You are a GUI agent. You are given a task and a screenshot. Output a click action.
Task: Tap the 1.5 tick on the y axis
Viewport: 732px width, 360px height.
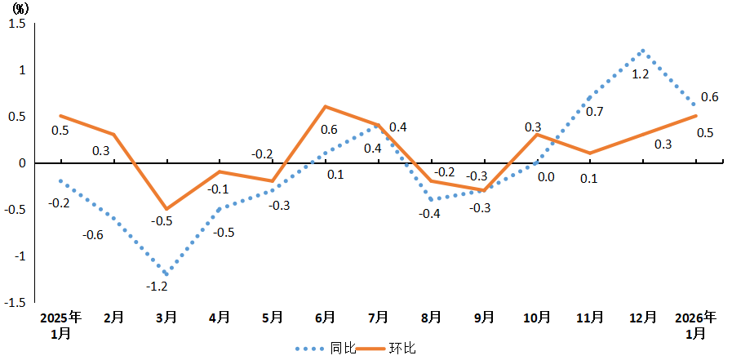[x=17, y=24]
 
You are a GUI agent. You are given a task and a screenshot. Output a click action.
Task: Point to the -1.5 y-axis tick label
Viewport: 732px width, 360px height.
[x=15, y=303]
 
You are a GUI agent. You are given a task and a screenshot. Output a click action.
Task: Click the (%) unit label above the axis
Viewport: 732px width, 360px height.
[x=20, y=9]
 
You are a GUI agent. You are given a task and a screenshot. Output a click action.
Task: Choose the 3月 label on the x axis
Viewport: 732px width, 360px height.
[x=166, y=317]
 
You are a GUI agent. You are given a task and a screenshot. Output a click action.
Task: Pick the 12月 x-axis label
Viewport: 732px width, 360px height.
[x=643, y=317]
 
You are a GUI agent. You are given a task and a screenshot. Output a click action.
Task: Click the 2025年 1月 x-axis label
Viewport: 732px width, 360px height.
[x=61, y=325]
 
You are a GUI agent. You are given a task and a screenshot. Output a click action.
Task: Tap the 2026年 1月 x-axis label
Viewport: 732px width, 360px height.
[x=696, y=325]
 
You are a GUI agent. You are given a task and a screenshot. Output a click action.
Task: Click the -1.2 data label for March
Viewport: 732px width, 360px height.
[x=157, y=287]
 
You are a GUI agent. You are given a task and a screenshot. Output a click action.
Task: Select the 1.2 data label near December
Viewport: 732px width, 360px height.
[x=641, y=74]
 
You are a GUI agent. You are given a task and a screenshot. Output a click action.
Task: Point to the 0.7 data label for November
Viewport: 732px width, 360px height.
[x=595, y=111]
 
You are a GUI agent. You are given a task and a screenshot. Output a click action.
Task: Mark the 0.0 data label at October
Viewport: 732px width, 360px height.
[x=546, y=177]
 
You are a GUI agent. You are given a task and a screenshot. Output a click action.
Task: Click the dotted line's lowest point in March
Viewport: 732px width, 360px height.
[x=166, y=274]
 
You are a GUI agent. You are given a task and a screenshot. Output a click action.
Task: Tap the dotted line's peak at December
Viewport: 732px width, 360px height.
[x=643, y=51]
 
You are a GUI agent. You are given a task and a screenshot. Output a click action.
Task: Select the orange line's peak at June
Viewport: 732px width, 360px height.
[x=326, y=107]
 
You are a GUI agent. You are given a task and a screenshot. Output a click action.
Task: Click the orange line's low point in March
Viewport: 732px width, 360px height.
[x=166, y=209]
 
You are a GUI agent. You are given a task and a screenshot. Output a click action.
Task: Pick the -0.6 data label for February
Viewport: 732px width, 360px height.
[x=93, y=235]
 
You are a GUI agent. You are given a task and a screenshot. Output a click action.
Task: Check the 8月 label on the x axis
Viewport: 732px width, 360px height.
[x=432, y=317]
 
